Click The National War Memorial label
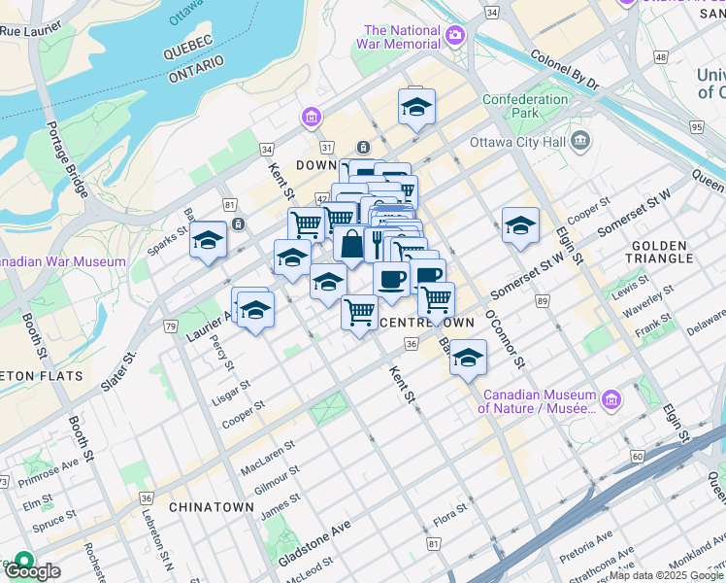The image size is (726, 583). click(403, 37)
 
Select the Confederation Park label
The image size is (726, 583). click(525, 106)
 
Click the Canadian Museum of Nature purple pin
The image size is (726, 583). click(610, 399)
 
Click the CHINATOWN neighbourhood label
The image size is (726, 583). click(211, 507)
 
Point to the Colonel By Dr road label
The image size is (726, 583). click(566, 72)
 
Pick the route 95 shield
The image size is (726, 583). click(696, 127)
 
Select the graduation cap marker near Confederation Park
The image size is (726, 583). click(416, 108)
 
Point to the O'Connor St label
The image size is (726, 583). click(506, 340)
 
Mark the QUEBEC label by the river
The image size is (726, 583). click(188, 46)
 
